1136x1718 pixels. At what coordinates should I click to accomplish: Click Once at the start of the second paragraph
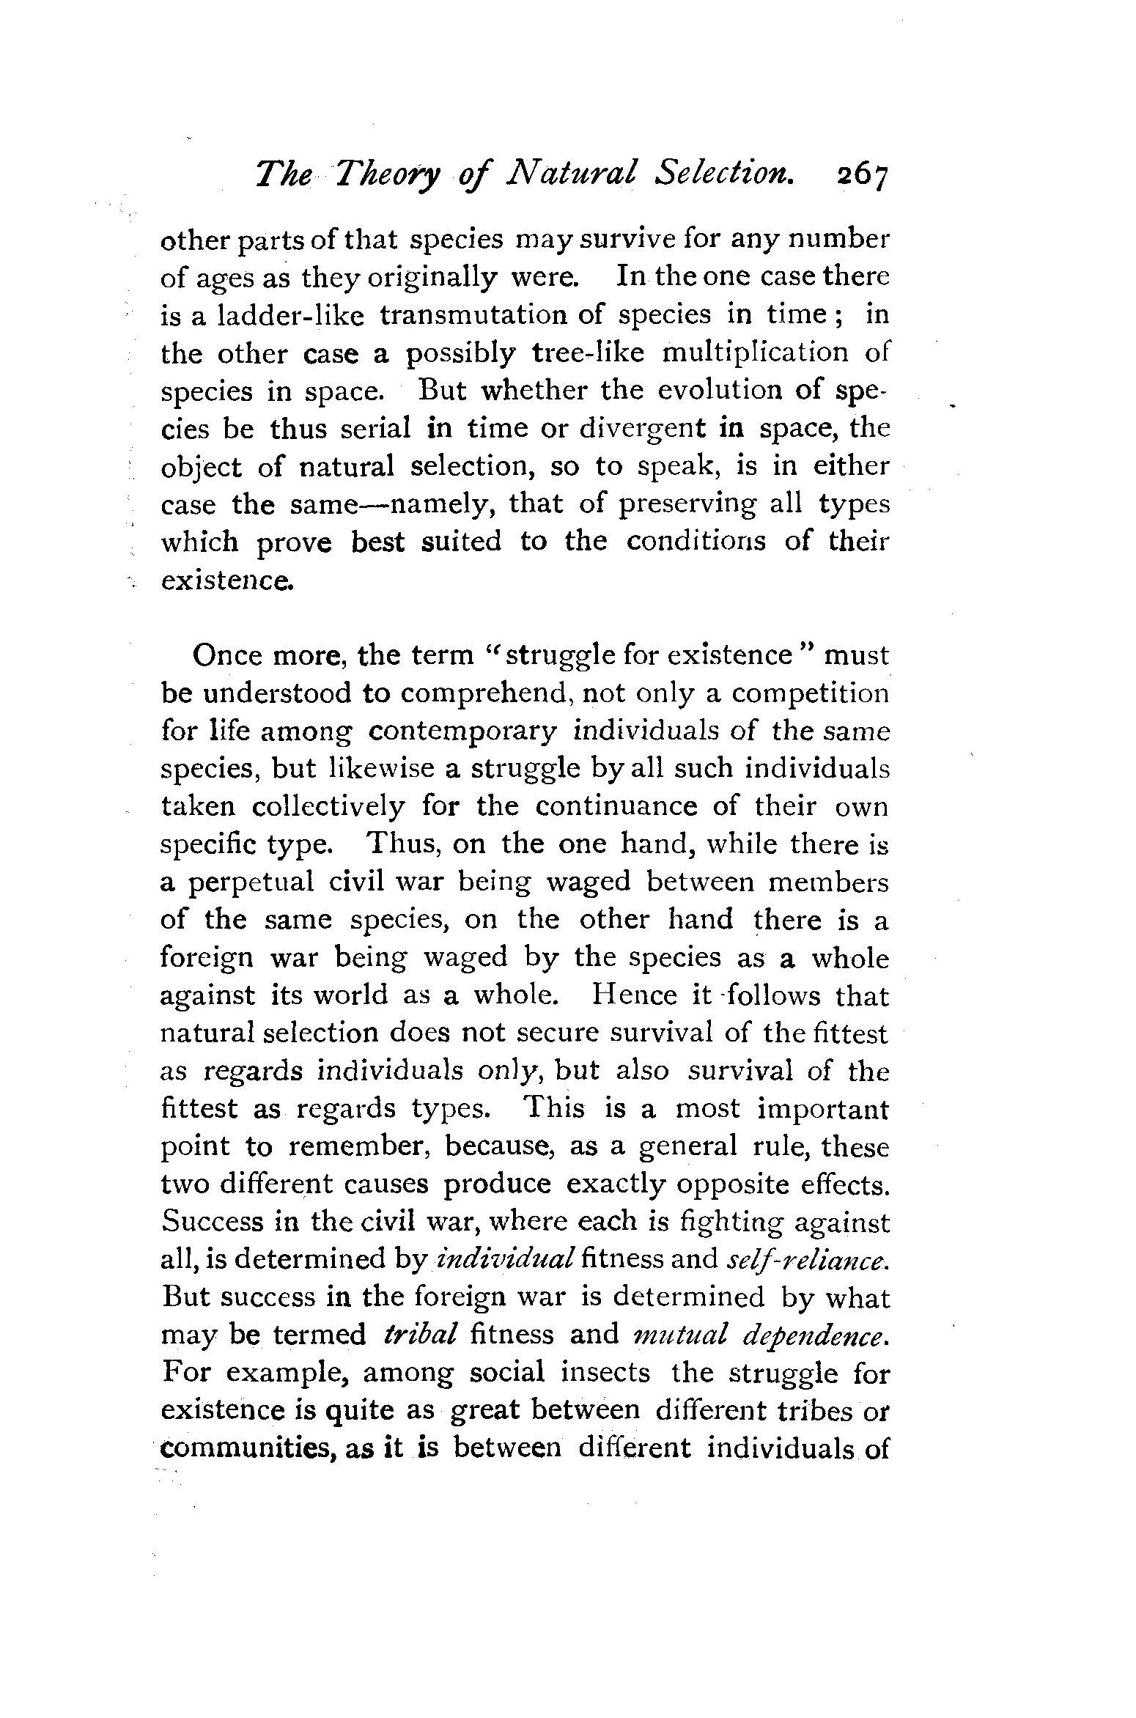pyautogui.click(x=227, y=655)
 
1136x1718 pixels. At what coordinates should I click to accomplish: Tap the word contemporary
pyautogui.click(x=462, y=731)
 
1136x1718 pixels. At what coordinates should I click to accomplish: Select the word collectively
pyautogui.click(x=328, y=807)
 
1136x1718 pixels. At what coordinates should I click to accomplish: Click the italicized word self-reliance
pyautogui.click(x=807, y=1258)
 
